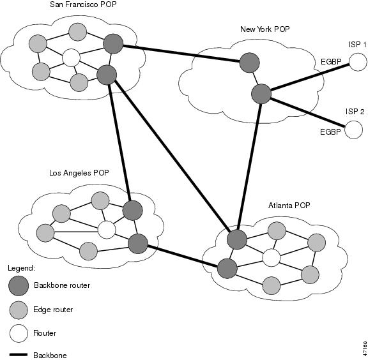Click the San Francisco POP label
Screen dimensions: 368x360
83,4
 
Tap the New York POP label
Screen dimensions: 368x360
265,29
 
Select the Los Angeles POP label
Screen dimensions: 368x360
79,173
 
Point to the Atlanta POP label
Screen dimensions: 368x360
289,206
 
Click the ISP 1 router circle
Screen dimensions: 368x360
358,62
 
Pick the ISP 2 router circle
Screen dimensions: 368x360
354,130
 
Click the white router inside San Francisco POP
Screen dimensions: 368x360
71,57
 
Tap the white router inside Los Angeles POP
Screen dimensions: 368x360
107,230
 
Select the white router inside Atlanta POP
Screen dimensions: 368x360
272,258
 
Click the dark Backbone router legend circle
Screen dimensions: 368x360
19,286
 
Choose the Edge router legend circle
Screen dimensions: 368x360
19,310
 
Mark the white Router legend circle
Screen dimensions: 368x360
19,333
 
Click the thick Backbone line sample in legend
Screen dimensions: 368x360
19,355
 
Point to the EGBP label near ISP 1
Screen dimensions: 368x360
331,62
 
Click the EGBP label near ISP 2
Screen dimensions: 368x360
330,131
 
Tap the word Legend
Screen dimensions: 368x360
21,268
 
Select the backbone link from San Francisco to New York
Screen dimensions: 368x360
181,54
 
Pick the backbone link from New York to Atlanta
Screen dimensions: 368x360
249,167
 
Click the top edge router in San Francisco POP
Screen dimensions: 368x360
78,32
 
